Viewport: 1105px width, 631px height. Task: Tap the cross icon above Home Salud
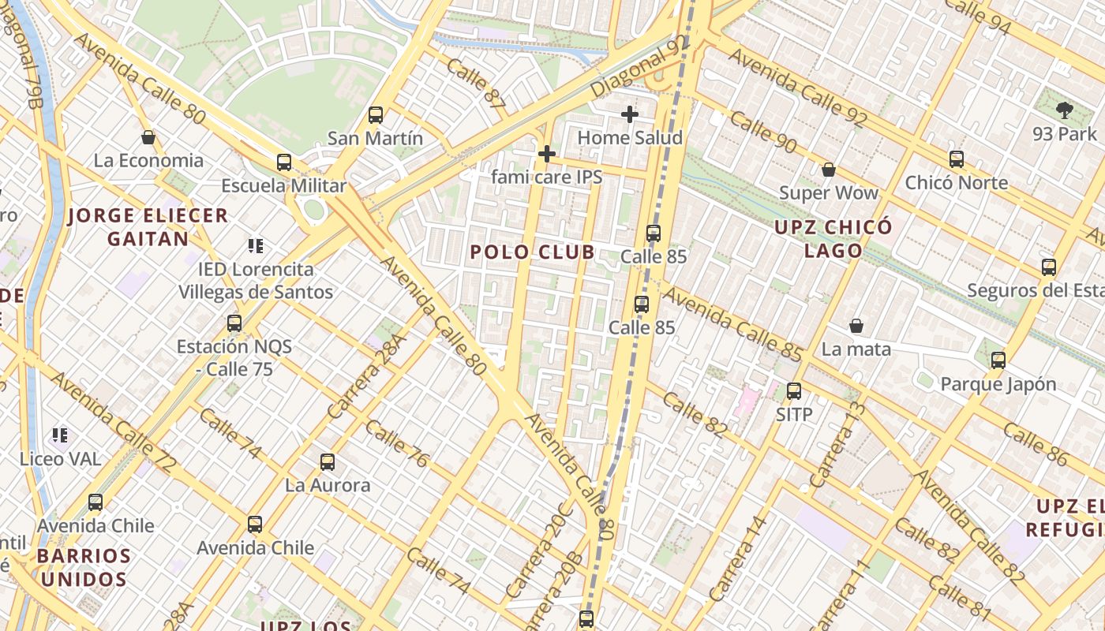(629, 114)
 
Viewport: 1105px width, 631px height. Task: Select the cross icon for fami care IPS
(546, 153)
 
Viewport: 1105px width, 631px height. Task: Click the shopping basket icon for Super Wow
(829, 170)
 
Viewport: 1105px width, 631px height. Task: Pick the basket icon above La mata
(856, 326)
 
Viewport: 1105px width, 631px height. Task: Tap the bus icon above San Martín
(376, 115)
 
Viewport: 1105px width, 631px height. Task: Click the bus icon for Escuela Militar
(284, 162)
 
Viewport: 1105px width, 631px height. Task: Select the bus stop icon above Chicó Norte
(957, 159)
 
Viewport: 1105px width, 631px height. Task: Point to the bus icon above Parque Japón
(998, 360)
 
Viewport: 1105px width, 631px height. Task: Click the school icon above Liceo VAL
(60, 435)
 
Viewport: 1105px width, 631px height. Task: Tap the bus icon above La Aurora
(328, 461)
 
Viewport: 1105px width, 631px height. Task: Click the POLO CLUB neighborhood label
(532, 252)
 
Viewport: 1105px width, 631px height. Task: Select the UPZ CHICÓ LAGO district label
(833, 239)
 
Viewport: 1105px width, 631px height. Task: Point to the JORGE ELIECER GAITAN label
(148, 226)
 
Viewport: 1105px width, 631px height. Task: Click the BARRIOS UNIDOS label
(84, 567)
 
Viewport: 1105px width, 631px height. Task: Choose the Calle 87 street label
(475, 82)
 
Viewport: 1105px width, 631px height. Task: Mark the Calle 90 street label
(762, 132)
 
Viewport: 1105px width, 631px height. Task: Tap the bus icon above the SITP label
(794, 390)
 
